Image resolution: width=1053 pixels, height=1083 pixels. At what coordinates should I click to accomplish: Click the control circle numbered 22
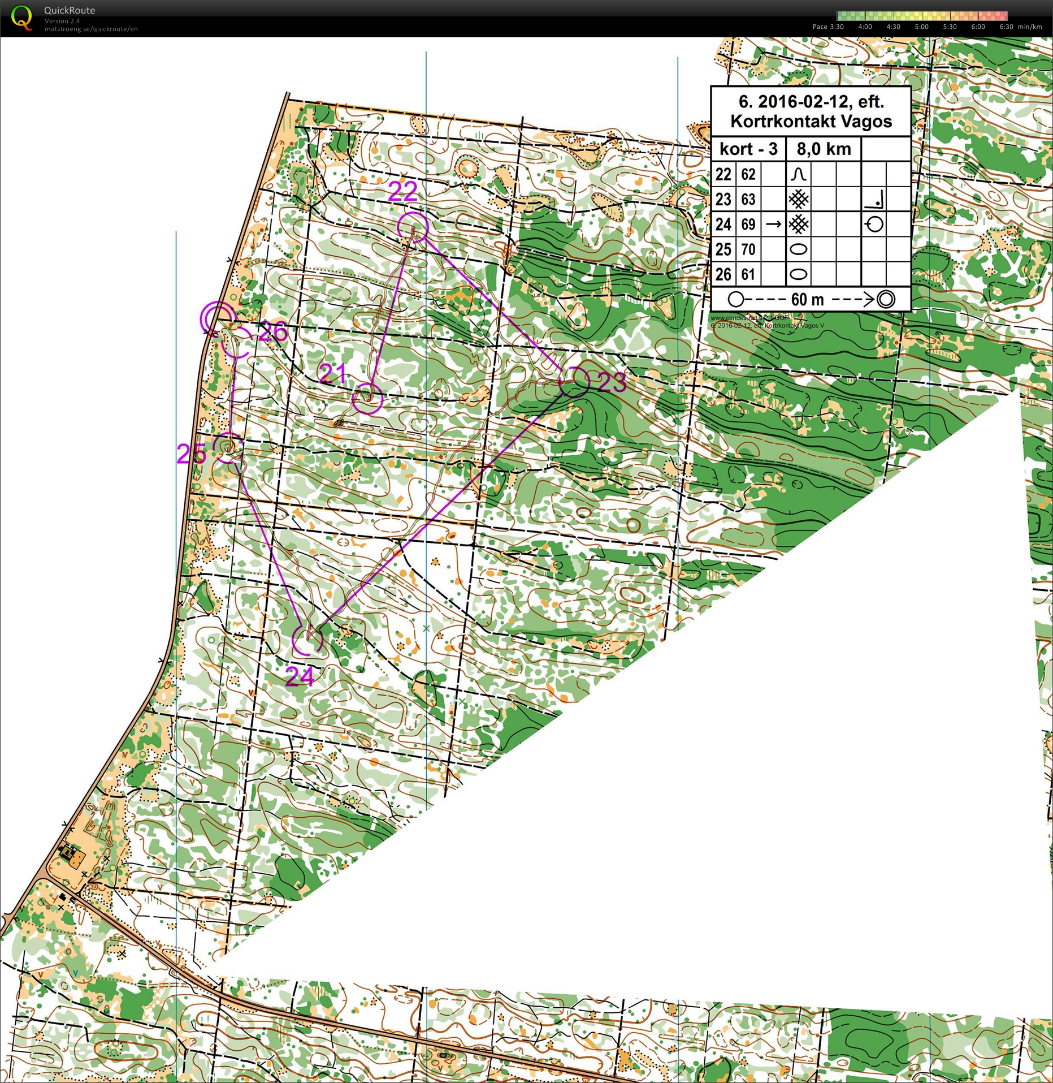point(413,227)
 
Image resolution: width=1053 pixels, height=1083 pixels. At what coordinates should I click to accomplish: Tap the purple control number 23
point(612,383)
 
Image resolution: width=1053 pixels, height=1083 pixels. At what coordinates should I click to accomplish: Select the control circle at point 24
point(307,640)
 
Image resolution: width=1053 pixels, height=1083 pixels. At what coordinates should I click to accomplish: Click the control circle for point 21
point(367,399)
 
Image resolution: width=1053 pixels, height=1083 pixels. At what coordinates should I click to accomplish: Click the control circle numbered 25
point(228,448)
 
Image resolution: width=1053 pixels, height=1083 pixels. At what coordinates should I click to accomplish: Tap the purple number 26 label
point(273,331)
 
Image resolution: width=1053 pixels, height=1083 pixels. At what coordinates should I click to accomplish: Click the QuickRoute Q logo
point(21,18)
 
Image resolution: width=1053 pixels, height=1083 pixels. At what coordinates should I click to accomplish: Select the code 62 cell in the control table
point(748,174)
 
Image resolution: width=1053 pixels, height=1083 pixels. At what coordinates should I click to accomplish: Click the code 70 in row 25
point(748,249)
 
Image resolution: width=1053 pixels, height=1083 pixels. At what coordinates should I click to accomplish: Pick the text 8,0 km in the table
point(824,149)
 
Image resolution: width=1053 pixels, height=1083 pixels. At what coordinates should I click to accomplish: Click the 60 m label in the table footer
point(807,299)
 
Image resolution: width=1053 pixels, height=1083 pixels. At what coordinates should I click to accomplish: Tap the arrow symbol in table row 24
point(773,225)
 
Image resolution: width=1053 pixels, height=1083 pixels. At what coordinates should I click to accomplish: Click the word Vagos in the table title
point(870,121)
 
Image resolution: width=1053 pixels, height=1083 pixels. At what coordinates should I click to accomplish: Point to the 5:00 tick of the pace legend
point(921,27)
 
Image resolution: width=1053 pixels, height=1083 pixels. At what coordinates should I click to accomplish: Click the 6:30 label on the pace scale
point(1006,27)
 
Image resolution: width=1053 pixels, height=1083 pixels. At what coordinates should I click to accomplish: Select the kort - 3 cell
point(748,149)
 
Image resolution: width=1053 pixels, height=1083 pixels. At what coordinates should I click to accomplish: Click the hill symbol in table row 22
point(799,174)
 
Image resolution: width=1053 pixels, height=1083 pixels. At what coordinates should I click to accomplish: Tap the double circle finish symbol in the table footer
point(886,299)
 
